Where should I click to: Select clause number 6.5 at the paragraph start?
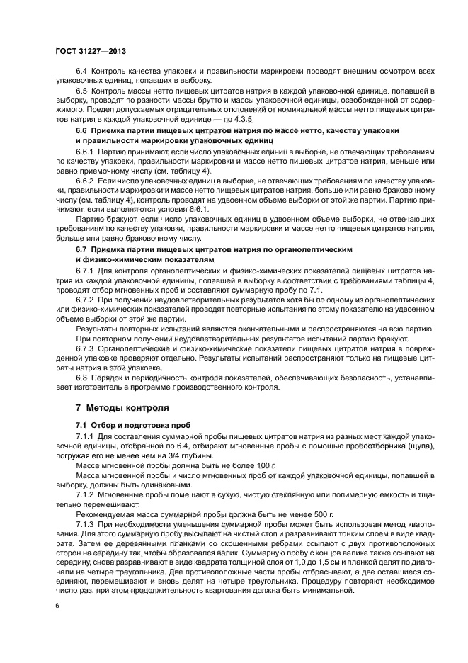pyautogui.click(x=82, y=92)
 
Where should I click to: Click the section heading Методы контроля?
pyautogui.click(x=127, y=409)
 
